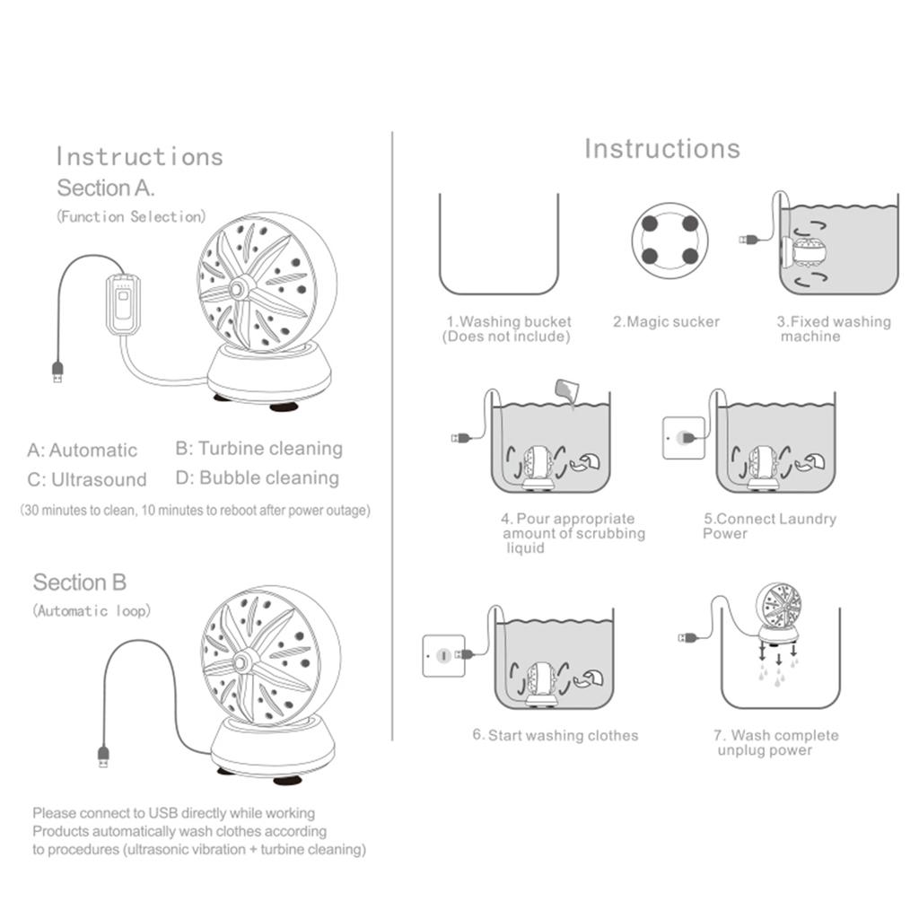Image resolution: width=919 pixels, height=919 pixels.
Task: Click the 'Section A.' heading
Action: [106, 188]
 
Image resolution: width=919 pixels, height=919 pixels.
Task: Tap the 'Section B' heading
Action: [80, 582]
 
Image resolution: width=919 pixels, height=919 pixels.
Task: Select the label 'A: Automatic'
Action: [83, 451]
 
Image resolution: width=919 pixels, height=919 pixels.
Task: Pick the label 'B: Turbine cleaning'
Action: [258, 449]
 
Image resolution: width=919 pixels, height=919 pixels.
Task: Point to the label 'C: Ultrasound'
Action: [87, 479]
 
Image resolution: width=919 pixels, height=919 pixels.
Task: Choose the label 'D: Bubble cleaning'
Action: [258, 477]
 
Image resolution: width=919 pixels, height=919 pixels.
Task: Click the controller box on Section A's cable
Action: [123, 304]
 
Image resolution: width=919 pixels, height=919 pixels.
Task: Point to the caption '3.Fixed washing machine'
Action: [833, 329]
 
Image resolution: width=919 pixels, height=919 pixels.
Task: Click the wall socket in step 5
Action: [683, 438]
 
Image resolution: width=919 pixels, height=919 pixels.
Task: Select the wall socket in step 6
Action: [443, 656]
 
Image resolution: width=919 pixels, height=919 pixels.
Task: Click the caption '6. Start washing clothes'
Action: [556, 736]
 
